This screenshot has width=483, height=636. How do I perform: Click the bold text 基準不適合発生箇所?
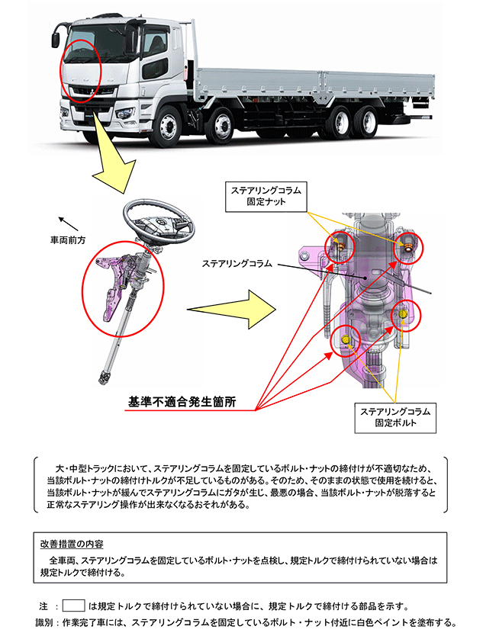(182, 401)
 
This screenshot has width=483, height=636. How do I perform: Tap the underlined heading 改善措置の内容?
(72, 544)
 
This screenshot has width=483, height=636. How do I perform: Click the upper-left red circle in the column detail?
(341, 247)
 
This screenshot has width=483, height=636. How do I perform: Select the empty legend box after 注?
(73, 606)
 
